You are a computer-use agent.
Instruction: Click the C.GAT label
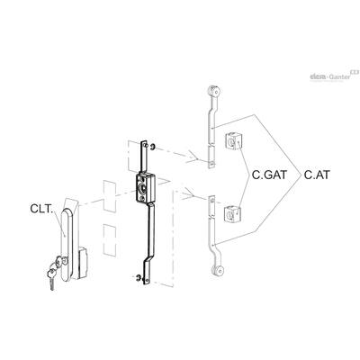click(269, 175)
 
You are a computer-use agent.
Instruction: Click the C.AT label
click(317, 175)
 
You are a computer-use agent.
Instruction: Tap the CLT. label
click(41, 209)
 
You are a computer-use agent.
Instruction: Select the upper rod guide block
click(233, 141)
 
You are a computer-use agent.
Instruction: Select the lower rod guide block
click(233, 213)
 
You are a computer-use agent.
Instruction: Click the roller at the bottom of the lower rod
click(217, 270)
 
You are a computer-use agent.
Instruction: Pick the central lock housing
click(144, 186)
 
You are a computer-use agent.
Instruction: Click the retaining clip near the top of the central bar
click(153, 147)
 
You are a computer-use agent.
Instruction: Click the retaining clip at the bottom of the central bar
click(139, 277)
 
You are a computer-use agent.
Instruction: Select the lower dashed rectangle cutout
click(110, 239)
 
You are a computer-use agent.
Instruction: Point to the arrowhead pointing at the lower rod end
click(188, 193)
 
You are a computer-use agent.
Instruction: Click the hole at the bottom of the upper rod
click(211, 164)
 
